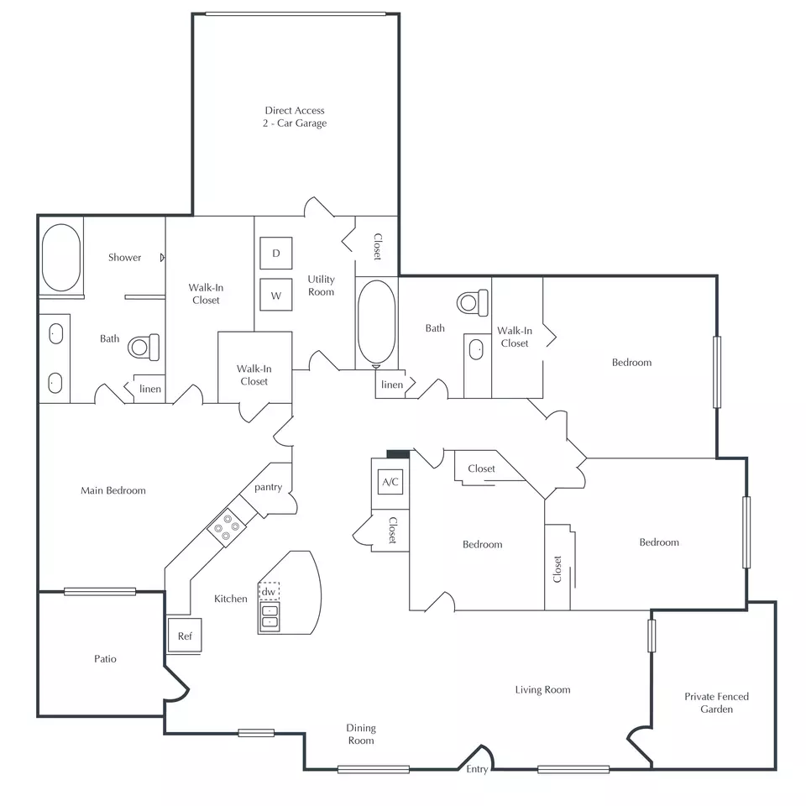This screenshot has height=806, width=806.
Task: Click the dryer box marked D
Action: pyautogui.click(x=276, y=253)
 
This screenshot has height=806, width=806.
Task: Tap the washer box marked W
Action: pyautogui.click(x=276, y=295)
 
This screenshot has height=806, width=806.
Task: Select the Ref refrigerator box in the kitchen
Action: pyautogui.click(x=185, y=636)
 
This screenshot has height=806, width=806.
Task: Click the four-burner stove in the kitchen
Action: pyautogui.click(x=227, y=527)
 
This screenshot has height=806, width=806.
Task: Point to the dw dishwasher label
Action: pyautogui.click(x=269, y=591)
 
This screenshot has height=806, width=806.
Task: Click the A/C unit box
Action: pyautogui.click(x=390, y=482)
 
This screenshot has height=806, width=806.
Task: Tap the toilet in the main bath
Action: pyautogui.click(x=144, y=347)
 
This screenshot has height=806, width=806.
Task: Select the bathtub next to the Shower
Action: pyautogui.click(x=61, y=257)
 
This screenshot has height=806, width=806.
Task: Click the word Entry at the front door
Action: pyautogui.click(x=477, y=769)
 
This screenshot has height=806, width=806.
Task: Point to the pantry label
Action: pyautogui.click(x=269, y=487)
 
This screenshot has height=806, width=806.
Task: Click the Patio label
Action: pyautogui.click(x=106, y=658)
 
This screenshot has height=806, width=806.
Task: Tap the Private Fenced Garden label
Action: pyautogui.click(x=716, y=703)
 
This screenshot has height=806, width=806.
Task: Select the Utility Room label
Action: pyautogui.click(x=322, y=285)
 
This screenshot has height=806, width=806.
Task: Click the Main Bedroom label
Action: pyautogui.click(x=113, y=490)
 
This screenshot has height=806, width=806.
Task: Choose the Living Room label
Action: pyautogui.click(x=543, y=690)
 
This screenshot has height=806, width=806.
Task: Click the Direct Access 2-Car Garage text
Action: pyautogui.click(x=295, y=117)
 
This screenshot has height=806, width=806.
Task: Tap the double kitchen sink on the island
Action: pyautogui.click(x=270, y=616)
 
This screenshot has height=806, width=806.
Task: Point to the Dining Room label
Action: pyautogui.click(x=361, y=734)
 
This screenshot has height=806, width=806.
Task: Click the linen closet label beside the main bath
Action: pyautogui.click(x=150, y=389)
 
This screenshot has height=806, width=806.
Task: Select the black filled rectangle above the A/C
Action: pyautogui.click(x=398, y=454)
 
